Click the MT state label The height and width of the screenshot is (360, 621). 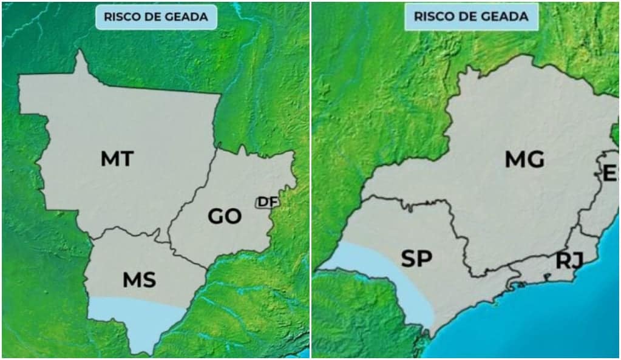[117, 159]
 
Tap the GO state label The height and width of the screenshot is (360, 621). [225, 216]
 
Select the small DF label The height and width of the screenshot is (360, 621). [265, 202]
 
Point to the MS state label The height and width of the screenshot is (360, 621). [139, 280]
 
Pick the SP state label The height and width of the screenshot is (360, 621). [416, 259]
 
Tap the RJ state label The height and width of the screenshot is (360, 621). [569, 260]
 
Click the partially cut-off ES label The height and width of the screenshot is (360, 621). [609, 173]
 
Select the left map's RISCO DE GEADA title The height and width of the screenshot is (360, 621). [156, 17]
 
